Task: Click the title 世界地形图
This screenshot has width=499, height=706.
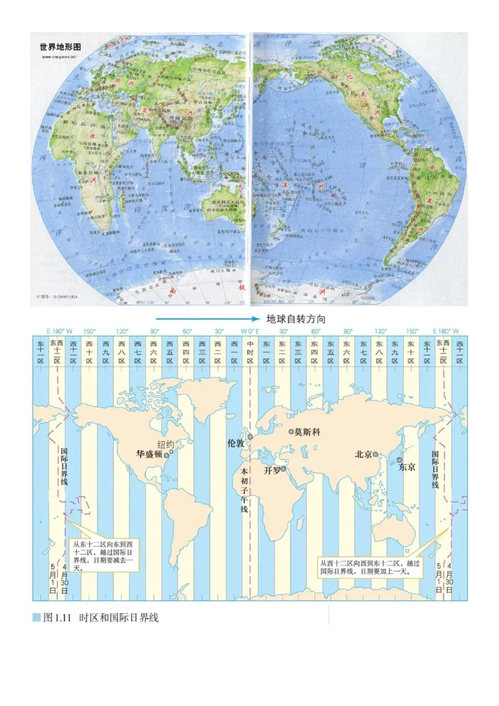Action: pyautogui.click(x=60, y=47)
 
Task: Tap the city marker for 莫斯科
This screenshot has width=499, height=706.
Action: pyautogui.click(x=291, y=432)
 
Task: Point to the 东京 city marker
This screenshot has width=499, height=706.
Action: pyautogui.click(x=399, y=460)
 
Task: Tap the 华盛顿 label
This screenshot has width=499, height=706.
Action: pyautogui.click(x=150, y=455)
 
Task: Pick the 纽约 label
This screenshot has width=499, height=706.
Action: pyautogui.click(x=166, y=444)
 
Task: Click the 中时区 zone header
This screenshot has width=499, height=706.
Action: pyautogui.click(x=249, y=352)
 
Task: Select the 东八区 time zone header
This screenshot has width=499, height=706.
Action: pyautogui.click(x=379, y=352)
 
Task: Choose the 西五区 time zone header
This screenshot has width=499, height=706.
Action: pyautogui.click(x=169, y=352)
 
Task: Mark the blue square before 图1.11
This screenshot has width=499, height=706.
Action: pyautogui.click(x=36, y=617)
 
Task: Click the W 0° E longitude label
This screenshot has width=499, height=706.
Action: pyautogui.click(x=249, y=331)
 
